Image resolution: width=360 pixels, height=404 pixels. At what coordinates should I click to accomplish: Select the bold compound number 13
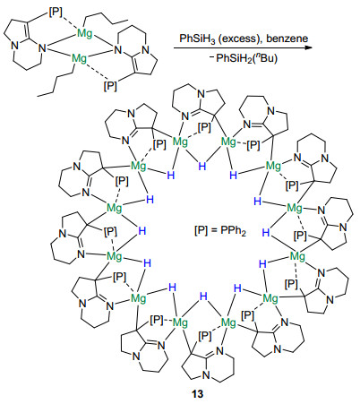198,394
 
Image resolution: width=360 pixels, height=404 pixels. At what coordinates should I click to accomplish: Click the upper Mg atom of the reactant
85,33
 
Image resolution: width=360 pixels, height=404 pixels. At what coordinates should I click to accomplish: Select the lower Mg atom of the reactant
79,58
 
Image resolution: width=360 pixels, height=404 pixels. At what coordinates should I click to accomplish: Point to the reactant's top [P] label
56,13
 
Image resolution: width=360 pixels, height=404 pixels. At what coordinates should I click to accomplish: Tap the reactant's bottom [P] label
110,86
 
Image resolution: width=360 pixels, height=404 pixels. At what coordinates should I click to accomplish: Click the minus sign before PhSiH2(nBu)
211,56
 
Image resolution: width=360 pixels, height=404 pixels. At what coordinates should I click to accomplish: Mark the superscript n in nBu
259,56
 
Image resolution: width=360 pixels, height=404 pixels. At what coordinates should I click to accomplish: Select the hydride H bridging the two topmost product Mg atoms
202,166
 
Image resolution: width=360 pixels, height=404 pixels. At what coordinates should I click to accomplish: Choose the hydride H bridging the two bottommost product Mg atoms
203,297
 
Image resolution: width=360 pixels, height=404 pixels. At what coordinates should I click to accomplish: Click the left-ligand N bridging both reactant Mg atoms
43,48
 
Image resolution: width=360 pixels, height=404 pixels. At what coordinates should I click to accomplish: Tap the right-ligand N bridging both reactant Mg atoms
118,49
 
